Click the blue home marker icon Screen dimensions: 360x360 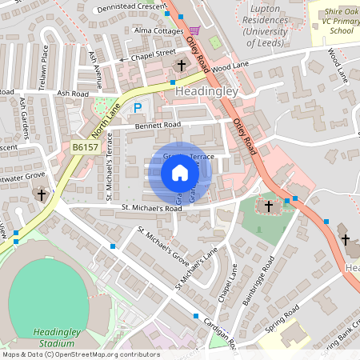click(180, 173)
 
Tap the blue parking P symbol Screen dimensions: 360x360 click(138, 107)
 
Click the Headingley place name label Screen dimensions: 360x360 click(206, 93)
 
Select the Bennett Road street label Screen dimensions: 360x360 click(148, 126)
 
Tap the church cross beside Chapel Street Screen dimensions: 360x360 click(182, 65)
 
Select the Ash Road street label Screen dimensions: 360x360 click(73, 93)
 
